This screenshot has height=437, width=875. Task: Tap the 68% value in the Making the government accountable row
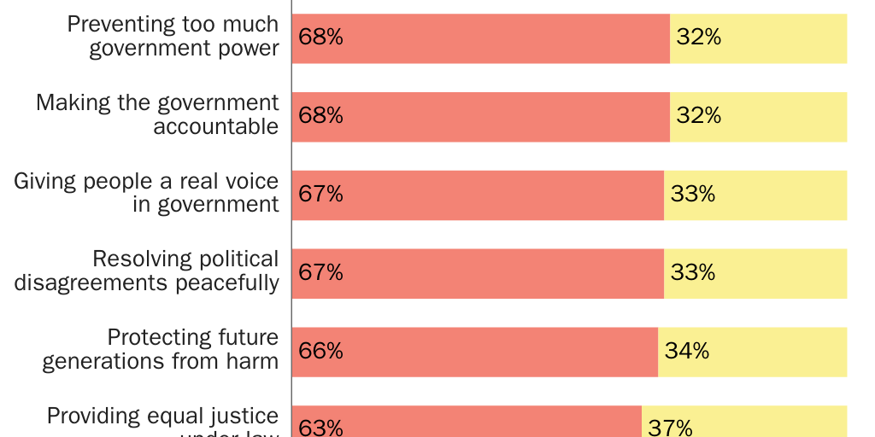[320, 116]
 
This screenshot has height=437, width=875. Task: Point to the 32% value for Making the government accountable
[698, 116]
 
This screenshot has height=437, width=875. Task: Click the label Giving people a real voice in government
[146, 193]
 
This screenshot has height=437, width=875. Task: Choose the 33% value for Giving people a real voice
[692, 195]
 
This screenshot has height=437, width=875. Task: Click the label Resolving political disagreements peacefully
[146, 271]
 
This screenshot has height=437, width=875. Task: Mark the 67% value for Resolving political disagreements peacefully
[320, 273]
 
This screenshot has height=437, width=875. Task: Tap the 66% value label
[320, 352]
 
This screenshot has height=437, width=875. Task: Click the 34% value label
[686, 352]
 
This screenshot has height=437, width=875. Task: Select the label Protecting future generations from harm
[161, 350]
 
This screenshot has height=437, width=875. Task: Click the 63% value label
[320, 427]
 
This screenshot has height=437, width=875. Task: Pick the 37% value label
[670, 427]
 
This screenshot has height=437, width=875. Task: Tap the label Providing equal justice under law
[162, 422]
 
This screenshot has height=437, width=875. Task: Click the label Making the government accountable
[157, 114]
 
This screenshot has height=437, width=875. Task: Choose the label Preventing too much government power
[173, 36]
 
